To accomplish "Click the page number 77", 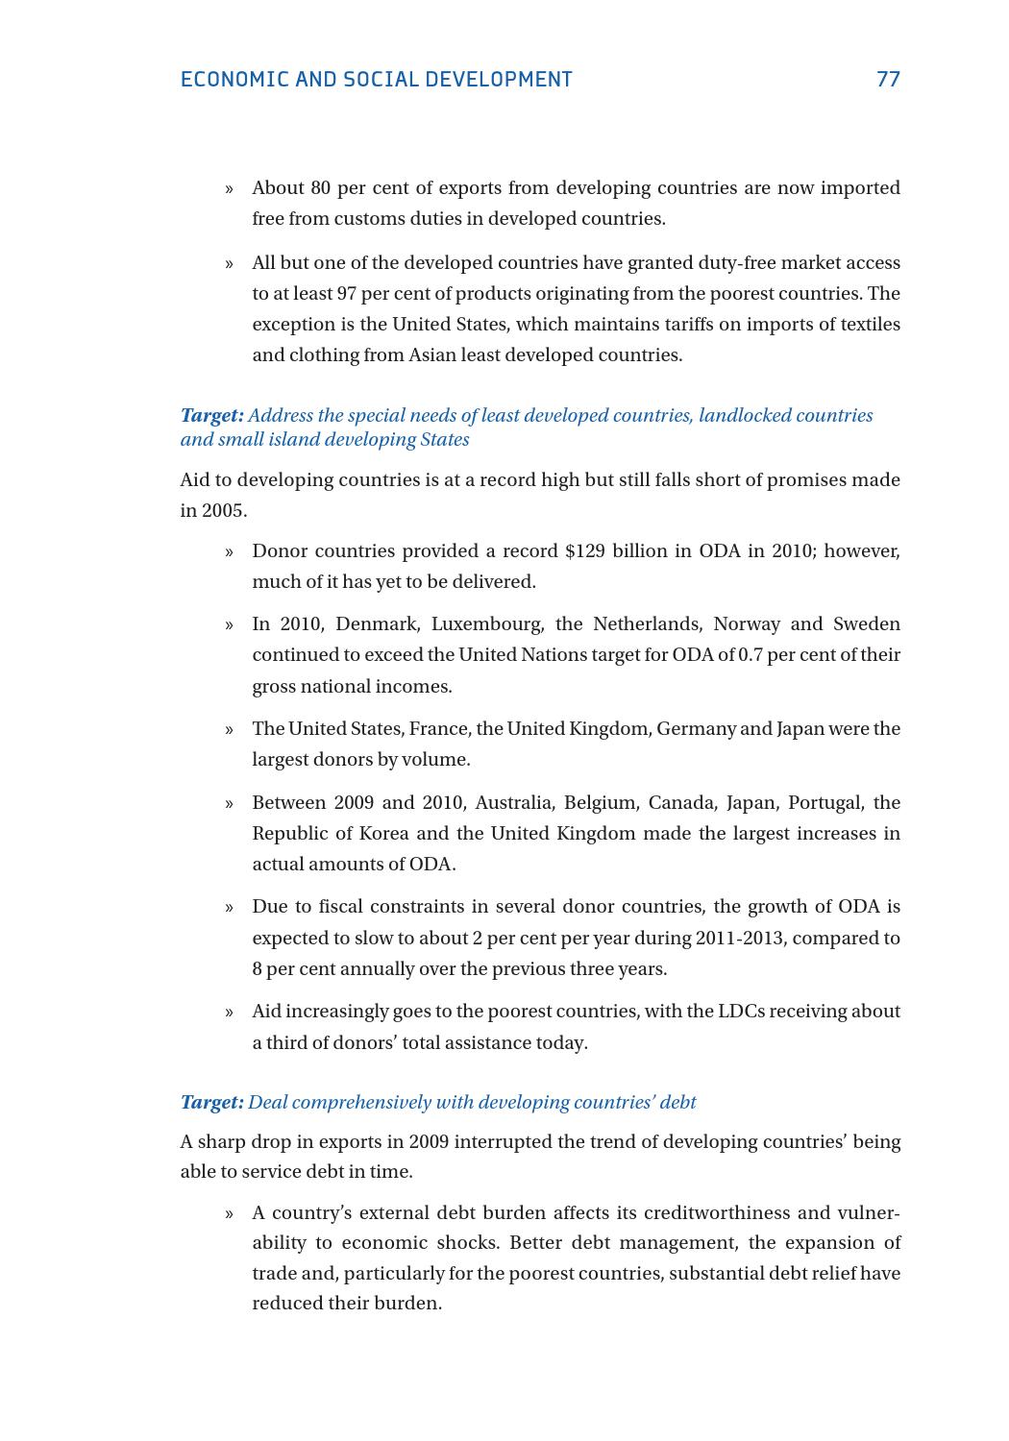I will [x=888, y=79].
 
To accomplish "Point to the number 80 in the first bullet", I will [x=320, y=187].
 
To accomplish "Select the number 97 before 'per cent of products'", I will [x=346, y=293].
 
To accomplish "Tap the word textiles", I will [x=868, y=324].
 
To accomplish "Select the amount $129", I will [x=584, y=550].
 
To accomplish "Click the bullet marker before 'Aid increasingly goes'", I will [x=229, y=1012].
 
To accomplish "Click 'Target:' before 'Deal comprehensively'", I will [x=211, y=1102].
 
